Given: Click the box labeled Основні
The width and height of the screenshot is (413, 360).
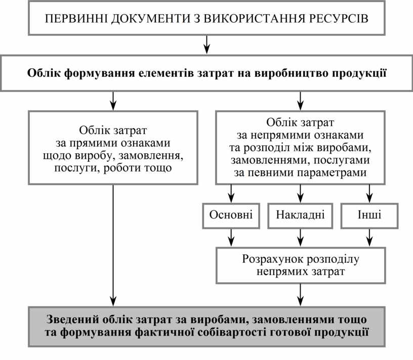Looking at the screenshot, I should pyautogui.click(x=231, y=215).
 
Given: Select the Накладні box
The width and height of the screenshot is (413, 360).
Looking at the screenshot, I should pyautogui.click(x=301, y=215).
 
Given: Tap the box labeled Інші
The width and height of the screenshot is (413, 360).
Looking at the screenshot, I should pyautogui.click(x=369, y=215).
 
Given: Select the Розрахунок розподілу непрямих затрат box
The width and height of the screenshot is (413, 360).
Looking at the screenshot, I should pyautogui.click(x=301, y=265).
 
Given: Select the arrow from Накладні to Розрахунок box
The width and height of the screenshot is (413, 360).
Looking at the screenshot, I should pyautogui.click(x=301, y=236).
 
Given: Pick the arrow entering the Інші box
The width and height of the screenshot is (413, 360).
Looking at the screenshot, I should pyautogui.click(x=369, y=193).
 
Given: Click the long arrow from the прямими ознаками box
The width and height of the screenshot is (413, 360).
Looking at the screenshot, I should pyautogui.click(x=113, y=243).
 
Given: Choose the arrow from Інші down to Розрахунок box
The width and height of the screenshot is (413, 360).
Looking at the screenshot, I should pyautogui.click(x=369, y=236).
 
